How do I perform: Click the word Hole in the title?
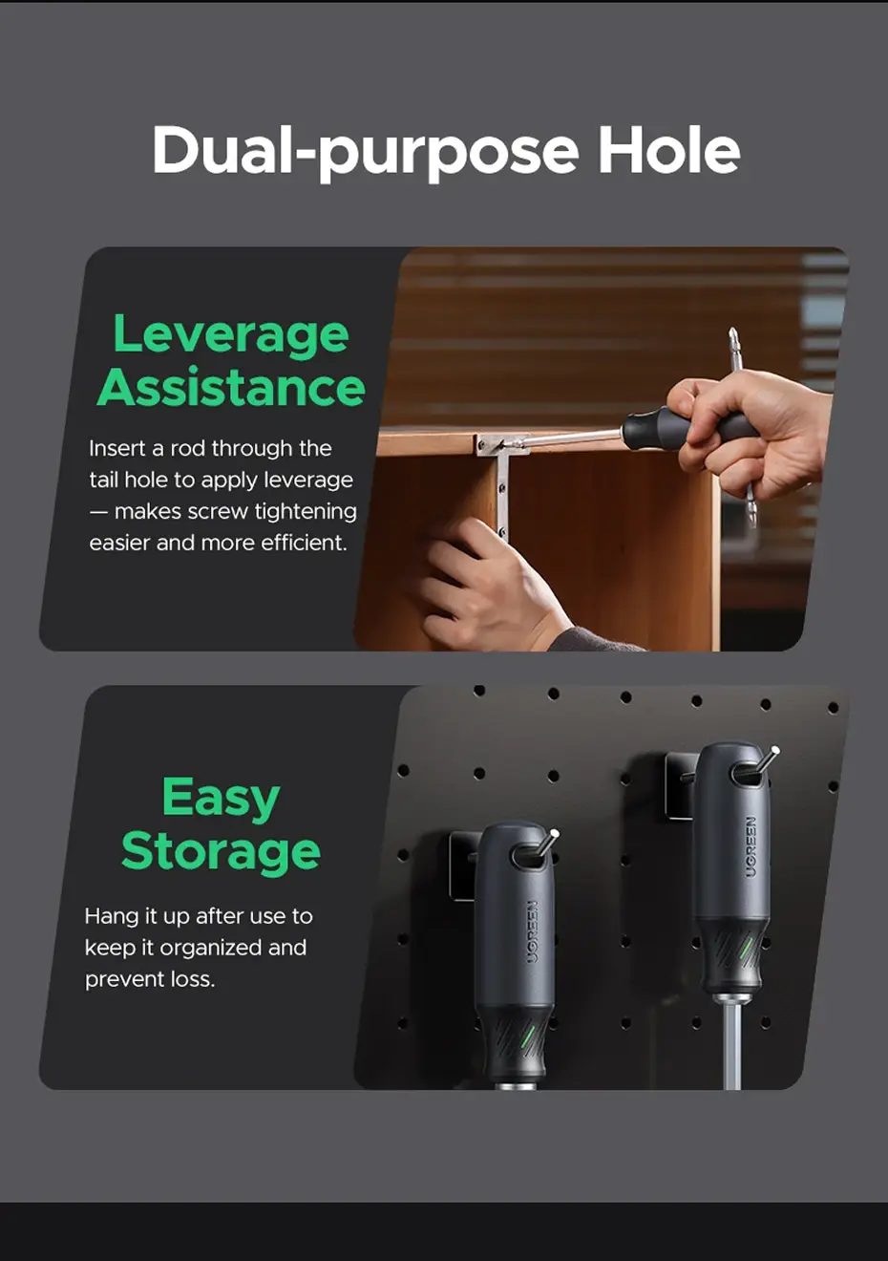[x=669, y=150]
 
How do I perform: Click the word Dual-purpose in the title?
[x=365, y=153]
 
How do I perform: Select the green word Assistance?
[x=231, y=387]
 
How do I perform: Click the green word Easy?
[x=221, y=799]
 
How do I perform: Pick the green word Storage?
[x=221, y=850]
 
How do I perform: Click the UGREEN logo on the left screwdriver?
[x=532, y=931]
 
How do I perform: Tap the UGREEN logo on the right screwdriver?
[x=751, y=846]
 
